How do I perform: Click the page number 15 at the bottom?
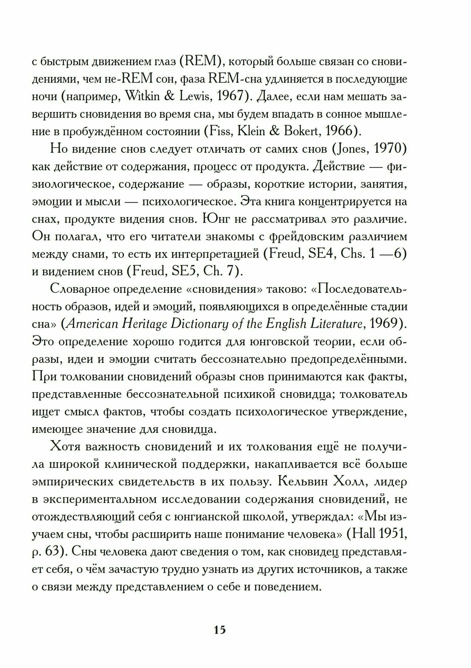[220, 621]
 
